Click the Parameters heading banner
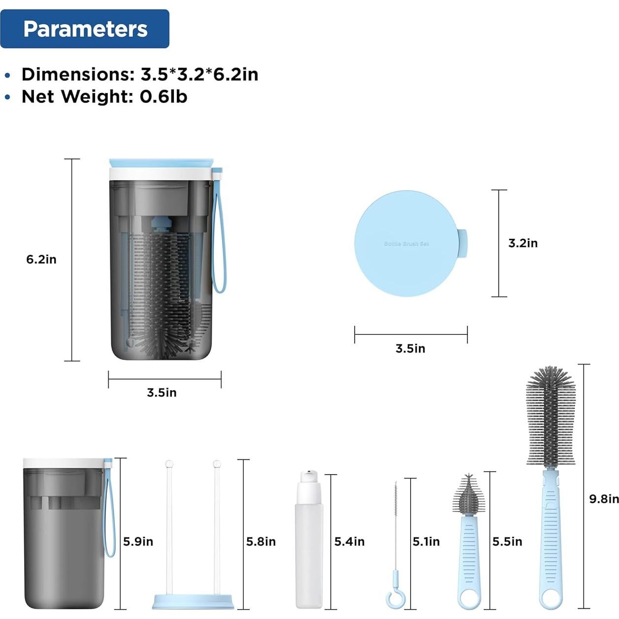[x=85, y=29]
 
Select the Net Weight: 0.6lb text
[x=104, y=97]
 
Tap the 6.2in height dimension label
[x=41, y=259]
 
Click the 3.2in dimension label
[x=522, y=243]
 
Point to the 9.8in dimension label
[x=604, y=498]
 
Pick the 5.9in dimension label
[x=138, y=542]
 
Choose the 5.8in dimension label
[x=261, y=542]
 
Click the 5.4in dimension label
[x=349, y=542]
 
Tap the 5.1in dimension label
[x=426, y=542]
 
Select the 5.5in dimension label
[x=507, y=542]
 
